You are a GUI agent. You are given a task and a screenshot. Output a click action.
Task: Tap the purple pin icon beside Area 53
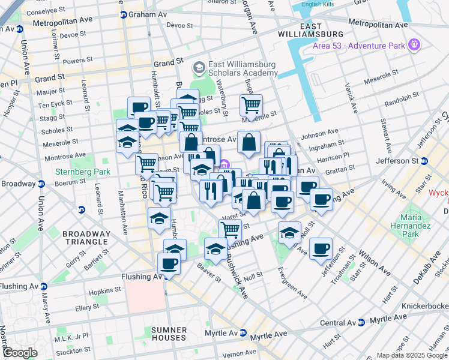(x=413, y=44)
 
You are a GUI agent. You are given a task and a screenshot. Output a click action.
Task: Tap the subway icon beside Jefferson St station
(x=424, y=161)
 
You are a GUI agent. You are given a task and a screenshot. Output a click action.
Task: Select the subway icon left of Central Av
(x=360, y=322)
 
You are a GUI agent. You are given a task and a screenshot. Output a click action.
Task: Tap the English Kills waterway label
(x=319, y=4)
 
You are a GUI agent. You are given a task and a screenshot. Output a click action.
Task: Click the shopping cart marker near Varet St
(x=230, y=229)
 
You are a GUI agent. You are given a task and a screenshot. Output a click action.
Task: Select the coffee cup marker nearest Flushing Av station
(x=169, y=263)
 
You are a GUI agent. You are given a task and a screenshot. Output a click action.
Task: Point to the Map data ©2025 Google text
(x=411, y=355)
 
